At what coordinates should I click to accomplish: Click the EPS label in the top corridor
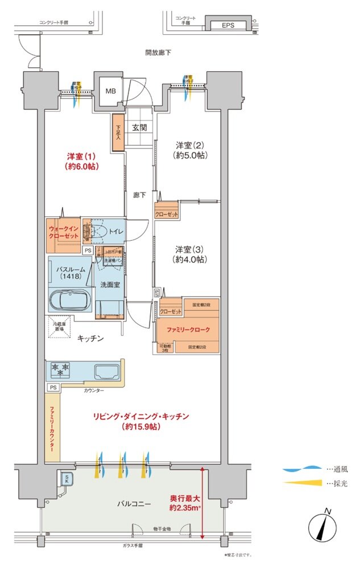pyautogui.click(x=227, y=25)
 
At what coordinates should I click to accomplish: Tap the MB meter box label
pyautogui.click(x=109, y=90)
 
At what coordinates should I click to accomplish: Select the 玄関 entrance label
pyautogui.click(x=140, y=128)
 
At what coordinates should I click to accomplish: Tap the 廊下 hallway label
pyautogui.click(x=140, y=195)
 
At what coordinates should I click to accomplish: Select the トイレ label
pyautogui.click(x=117, y=231)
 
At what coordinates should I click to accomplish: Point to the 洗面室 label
pyautogui.click(x=110, y=284)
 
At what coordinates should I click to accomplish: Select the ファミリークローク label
pyautogui.click(x=188, y=330)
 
